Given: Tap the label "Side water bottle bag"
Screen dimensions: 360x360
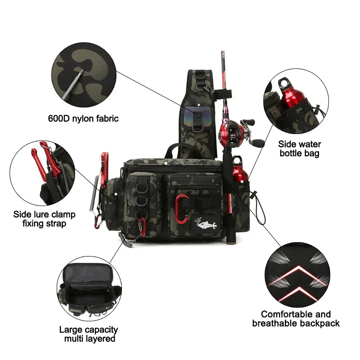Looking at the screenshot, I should [x=299, y=149].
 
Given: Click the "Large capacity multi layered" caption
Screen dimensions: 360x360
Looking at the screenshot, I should [x=89, y=334].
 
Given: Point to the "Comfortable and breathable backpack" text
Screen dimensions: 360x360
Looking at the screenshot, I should [x=296, y=319].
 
